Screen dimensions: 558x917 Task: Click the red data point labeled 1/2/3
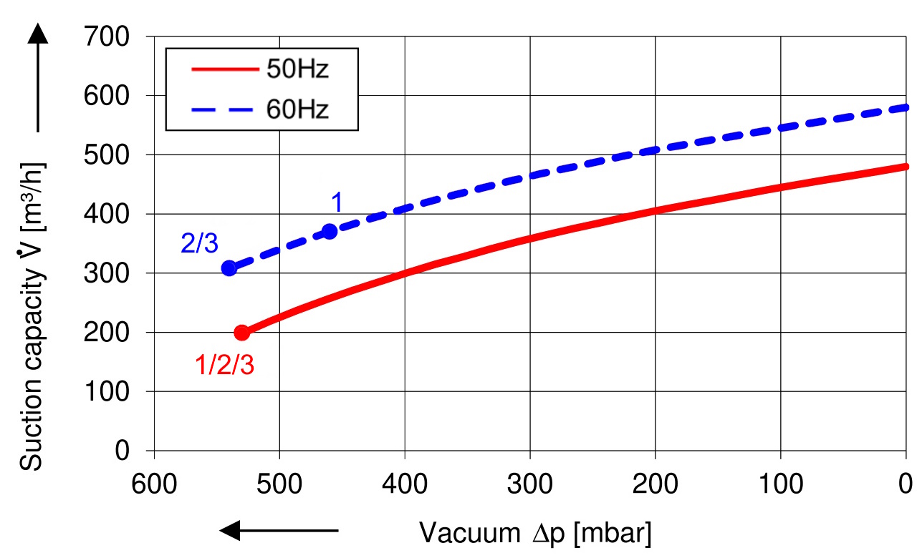coord(242,333)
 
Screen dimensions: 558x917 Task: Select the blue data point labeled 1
coord(330,231)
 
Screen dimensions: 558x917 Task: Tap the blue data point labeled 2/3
coord(229,268)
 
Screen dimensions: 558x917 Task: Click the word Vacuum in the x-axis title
coord(468,532)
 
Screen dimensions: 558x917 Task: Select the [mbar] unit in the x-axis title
coord(613,532)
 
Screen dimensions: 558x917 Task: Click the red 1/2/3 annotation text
coord(224,366)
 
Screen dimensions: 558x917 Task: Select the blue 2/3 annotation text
coord(199,244)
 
